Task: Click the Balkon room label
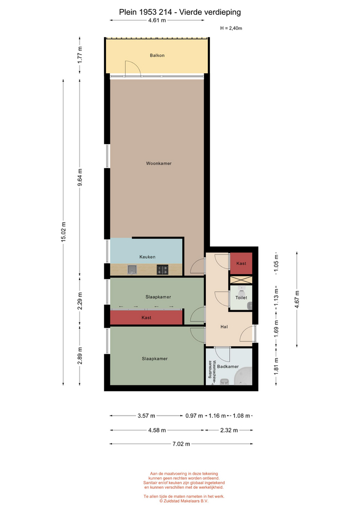157,56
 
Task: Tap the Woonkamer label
159,163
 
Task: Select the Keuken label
147,257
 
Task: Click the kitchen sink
132,269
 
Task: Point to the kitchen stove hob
163,269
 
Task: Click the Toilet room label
241,297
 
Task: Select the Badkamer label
228,366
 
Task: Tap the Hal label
224,327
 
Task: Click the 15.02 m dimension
64,232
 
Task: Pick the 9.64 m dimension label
80,177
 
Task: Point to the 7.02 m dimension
181,444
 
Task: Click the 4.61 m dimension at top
157,20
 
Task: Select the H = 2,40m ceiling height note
231,28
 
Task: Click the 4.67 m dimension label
297,299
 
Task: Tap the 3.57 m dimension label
146,416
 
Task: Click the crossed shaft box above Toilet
241,279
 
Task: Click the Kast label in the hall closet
241,264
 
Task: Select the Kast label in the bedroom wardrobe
146,318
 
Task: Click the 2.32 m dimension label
229,430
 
